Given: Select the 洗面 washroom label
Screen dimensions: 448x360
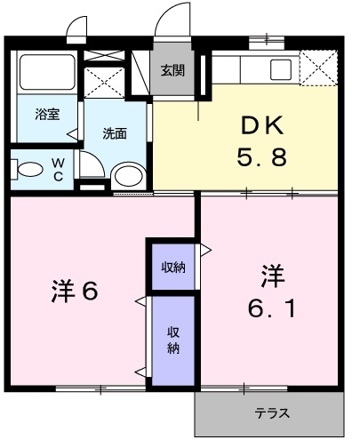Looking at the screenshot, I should coord(114,134).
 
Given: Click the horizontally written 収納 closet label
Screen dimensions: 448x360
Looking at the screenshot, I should coord(172,267).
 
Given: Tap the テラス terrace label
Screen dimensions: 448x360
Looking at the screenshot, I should coord(272,413).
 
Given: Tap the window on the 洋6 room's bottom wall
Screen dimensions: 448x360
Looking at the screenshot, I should coord(100,388).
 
